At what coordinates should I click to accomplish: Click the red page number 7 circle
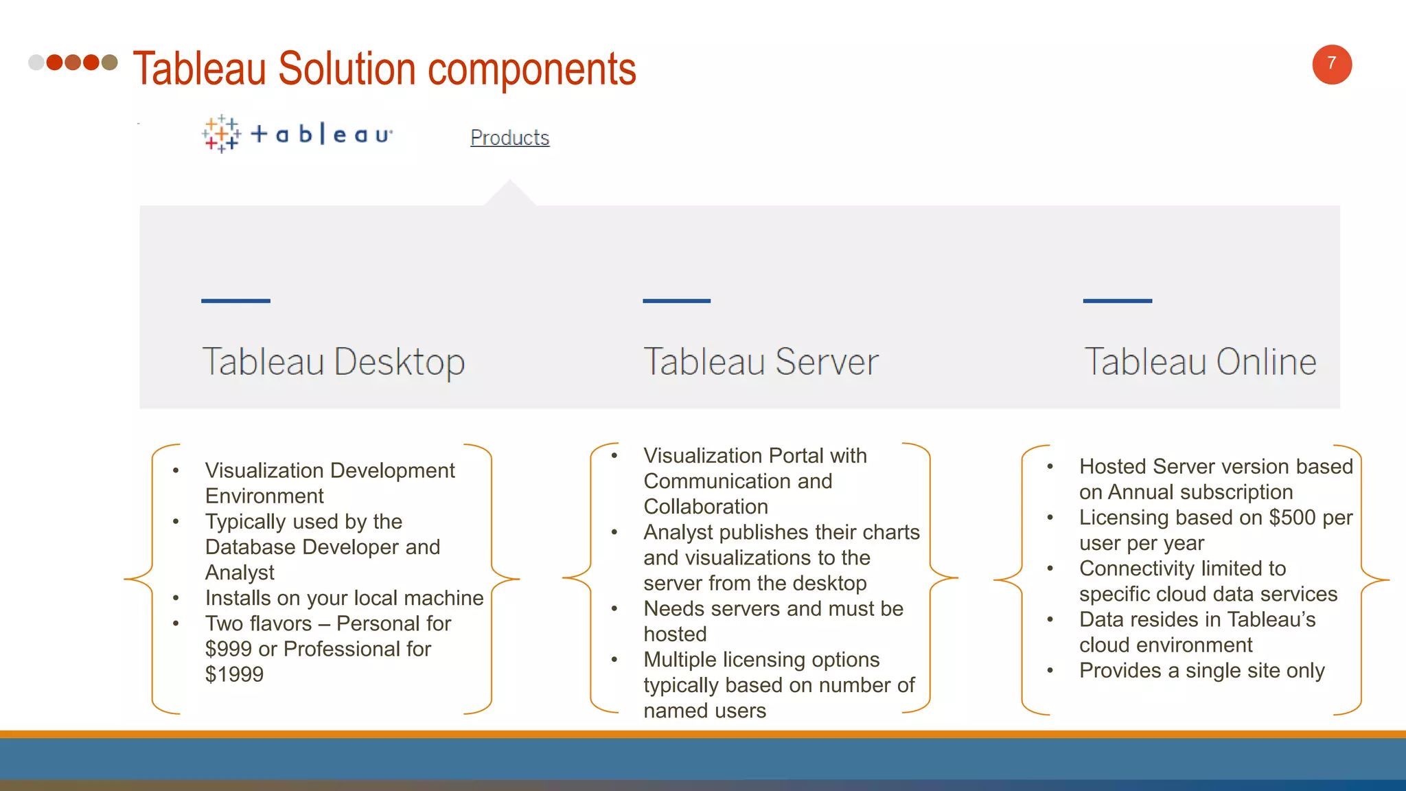[x=1331, y=65]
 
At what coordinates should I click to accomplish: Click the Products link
[x=509, y=137]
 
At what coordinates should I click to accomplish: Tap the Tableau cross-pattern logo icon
[x=221, y=133]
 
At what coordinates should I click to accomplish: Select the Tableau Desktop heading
[x=334, y=361]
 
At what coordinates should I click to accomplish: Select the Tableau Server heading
[x=761, y=361]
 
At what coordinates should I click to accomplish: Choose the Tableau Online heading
[x=1200, y=361]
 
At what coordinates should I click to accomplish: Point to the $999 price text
[x=228, y=649]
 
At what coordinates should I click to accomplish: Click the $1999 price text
[x=234, y=674]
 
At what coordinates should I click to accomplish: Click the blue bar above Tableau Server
[x=676, y=301]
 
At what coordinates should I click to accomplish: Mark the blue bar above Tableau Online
[x=1117, y=301]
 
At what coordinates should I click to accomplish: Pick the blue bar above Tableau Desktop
[x=235, y=301]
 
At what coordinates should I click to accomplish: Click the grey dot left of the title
[x=36, y=62]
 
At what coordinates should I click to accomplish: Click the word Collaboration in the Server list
[x=706, y=507]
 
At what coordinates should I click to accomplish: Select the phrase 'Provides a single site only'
[x=1201, y=671]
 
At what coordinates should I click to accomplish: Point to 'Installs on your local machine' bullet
[x=344, y=598]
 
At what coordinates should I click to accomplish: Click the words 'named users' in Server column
[x=704, y=711]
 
